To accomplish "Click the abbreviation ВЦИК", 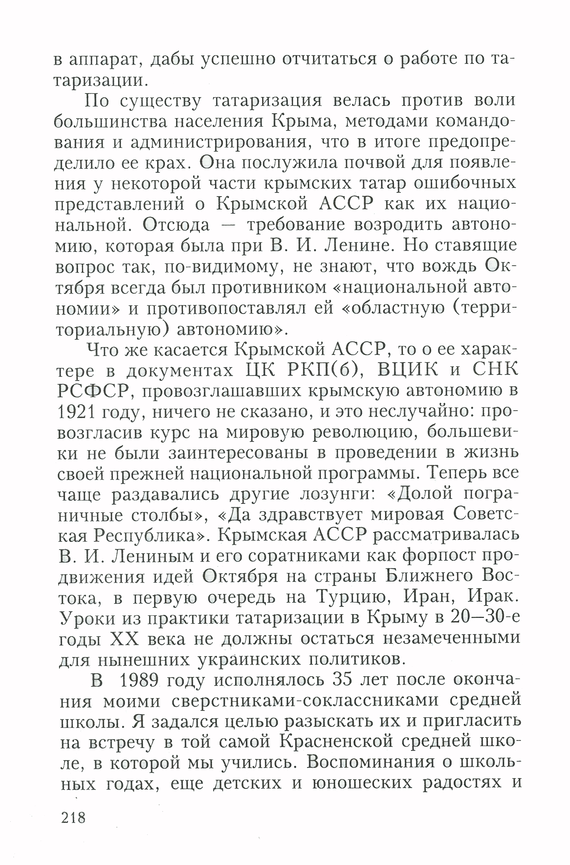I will (x=404, y=370).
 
